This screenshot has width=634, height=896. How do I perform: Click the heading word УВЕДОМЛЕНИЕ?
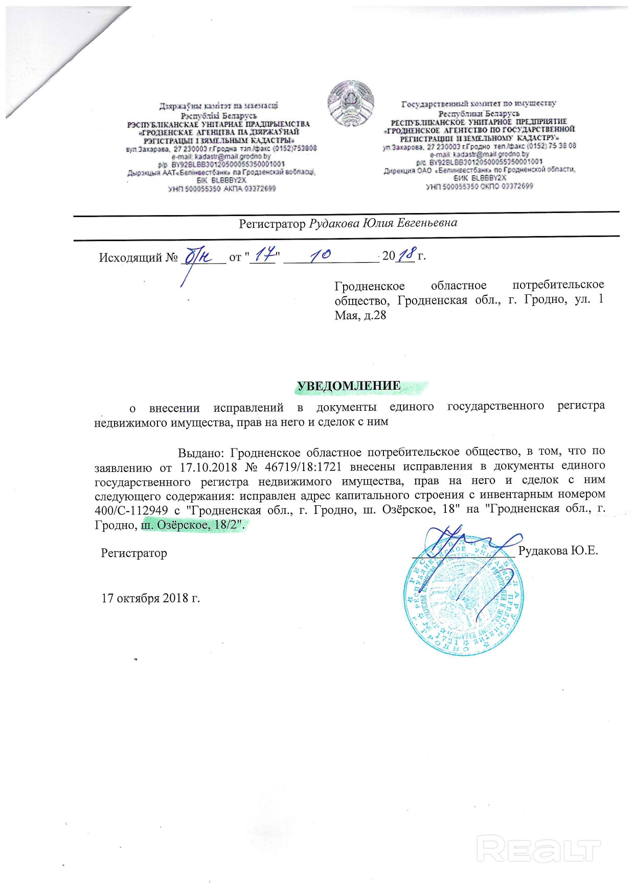pyautogui.click(x=349, y=386)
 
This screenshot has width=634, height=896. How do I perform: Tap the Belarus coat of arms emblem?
pyautogui.click(x=351, y=103)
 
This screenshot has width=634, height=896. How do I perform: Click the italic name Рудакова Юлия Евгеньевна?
pyautogui.click(x=383, y=223)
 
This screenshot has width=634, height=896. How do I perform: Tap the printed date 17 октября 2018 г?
pyautogui.click(x=150, y=598)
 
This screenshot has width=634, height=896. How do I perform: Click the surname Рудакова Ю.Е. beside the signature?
pyautogui.click(x=558, y=551)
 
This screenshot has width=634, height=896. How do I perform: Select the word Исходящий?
pyautogui.click(x=130, y=257)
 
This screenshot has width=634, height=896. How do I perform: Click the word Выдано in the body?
pyautogui.click(x=201, y=452)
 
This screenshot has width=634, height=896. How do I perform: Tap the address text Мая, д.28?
pyautogui.click(x=360, y=315)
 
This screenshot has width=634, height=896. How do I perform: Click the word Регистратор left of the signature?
pyautogui.click(x=134, y=553)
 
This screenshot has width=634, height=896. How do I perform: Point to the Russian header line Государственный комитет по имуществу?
pyautogui.click(x=479, y=104)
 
